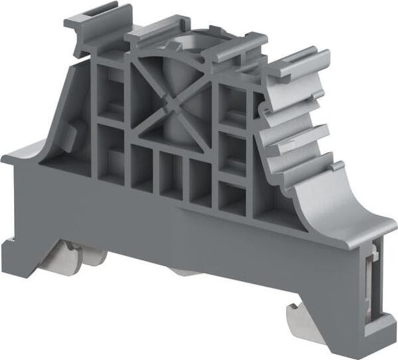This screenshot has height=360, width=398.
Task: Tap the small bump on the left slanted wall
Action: tap(71, 133)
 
